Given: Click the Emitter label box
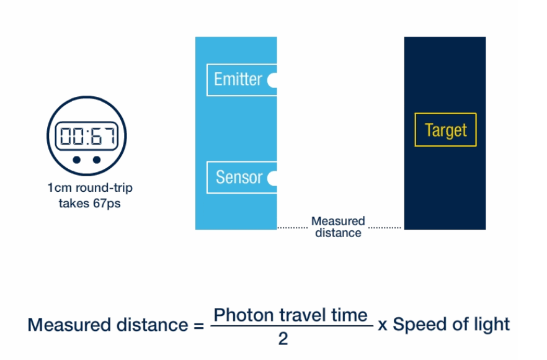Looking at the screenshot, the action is [x=242, y=79].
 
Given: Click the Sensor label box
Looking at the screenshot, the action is [x=242, y=178].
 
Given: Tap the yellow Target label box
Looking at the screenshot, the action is [x=445, y=130].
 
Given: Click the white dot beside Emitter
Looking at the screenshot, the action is [x=272, y=80].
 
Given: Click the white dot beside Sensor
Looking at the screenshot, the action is [x=272, y=178].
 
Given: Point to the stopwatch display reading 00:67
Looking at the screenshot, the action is [x=87, y=136].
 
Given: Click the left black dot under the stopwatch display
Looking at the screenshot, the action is [x=77, y=160].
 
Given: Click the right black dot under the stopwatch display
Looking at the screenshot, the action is [x=97, y=160].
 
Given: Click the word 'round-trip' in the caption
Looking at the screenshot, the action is [x=104, y=188].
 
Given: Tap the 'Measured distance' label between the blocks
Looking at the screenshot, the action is [x=338, y=227].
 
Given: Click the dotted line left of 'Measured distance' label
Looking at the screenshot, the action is [x=292, y=228].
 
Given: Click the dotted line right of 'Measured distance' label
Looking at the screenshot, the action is [x=385, y=228].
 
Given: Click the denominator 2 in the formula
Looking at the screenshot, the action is [x=283, y=339].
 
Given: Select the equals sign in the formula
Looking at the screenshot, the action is [x=199, y=326].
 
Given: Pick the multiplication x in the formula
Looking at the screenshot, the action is [x=383, y=326].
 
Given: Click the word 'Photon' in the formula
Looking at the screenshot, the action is [x=244, y=315].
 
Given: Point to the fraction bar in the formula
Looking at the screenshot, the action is [x=292, y=326].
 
